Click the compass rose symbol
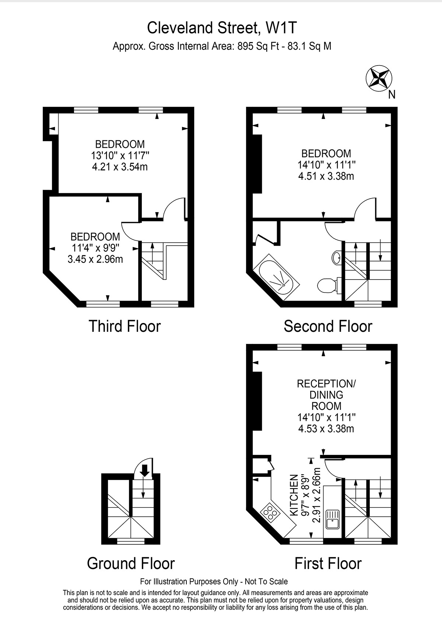379,78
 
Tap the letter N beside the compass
392,95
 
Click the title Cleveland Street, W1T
222,28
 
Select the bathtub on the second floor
276,277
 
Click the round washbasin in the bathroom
337,257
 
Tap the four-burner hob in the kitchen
270,513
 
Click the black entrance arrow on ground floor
145,471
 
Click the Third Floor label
125,326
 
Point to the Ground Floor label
131,563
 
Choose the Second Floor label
328,326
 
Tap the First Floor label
328,563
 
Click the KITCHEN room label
294,495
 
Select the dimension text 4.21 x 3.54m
120,167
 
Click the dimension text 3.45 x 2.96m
95,259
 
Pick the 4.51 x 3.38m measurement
326,176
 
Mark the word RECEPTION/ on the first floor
326,384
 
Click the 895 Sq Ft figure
258,46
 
